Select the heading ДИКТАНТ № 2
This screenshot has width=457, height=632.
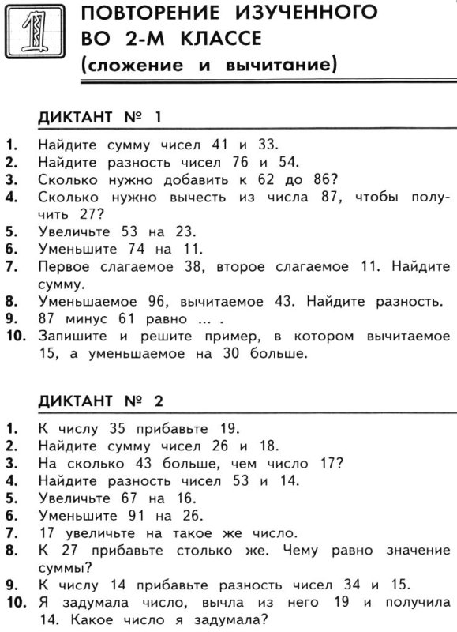pos(100,401)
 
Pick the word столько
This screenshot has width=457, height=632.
pos(194,550)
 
